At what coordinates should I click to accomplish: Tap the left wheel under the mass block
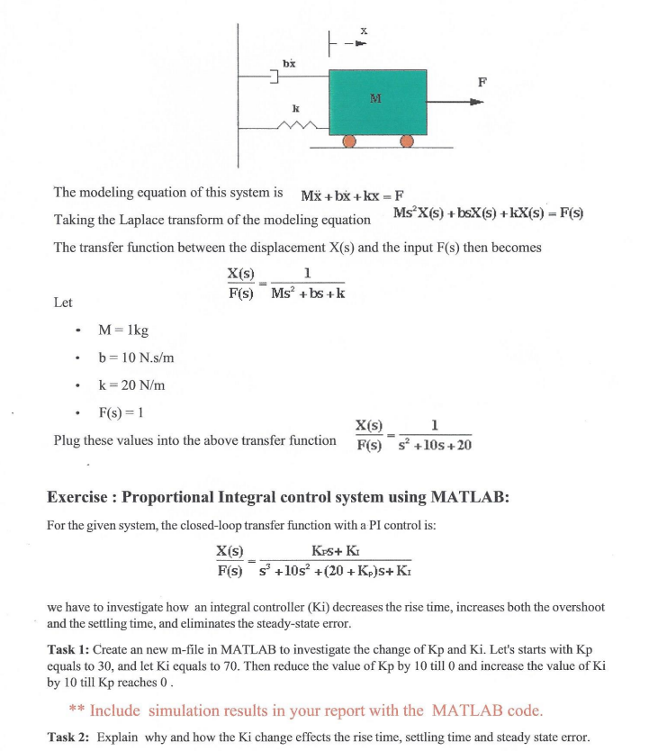[349, 141]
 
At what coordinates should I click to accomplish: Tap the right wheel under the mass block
[407, 141]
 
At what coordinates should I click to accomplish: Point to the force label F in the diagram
[482, 82]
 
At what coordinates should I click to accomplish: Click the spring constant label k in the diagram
[294, 108]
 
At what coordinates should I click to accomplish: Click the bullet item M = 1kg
[123, 330]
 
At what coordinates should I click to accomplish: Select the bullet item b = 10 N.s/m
[135, 357]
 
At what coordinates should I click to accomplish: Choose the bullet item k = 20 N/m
[131, 385]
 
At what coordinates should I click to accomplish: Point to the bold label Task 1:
[68, 649]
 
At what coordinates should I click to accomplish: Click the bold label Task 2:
[68, 737]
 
